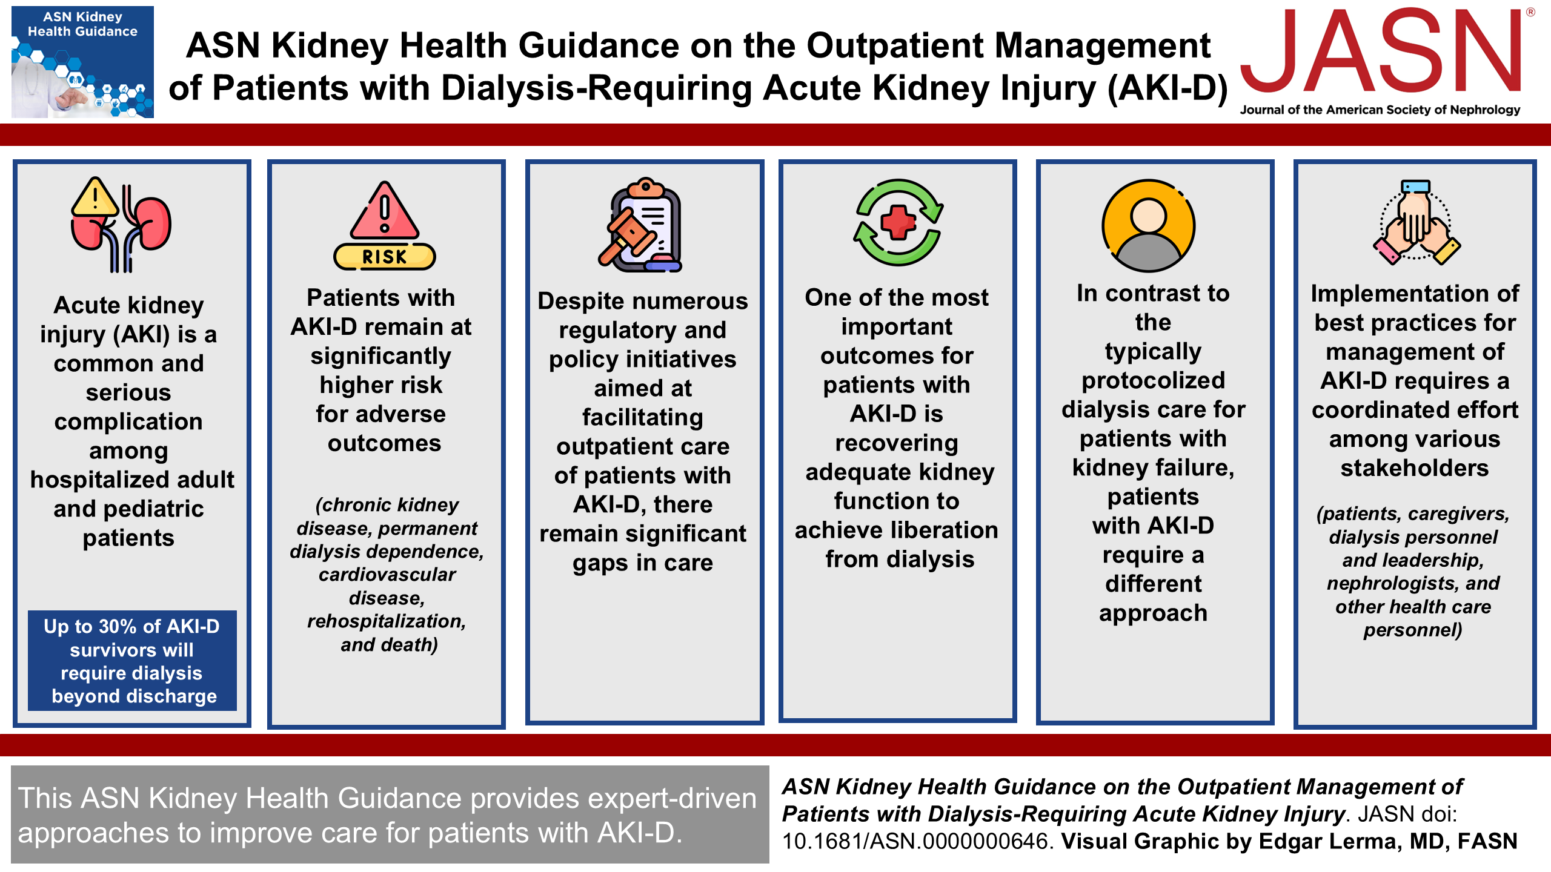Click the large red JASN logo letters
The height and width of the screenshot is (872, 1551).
coord(1381,51)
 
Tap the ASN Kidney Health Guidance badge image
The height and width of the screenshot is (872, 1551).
coord(82,62)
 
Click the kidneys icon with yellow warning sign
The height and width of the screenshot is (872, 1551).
coord(121,225)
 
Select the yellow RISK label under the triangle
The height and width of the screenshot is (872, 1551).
coord(384,257)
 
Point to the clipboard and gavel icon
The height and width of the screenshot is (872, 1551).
coord(641,225)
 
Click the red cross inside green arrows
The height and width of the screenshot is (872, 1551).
coord(898,222)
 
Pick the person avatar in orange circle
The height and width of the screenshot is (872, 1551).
coord(1148,225)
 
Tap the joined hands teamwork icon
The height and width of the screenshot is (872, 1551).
coord(1416,222)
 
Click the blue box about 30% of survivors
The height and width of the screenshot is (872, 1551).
coord(132,661)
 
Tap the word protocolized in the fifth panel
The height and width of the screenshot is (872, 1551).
coord(1154,381)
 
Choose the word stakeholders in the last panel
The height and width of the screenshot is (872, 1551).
coord(1415,468)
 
